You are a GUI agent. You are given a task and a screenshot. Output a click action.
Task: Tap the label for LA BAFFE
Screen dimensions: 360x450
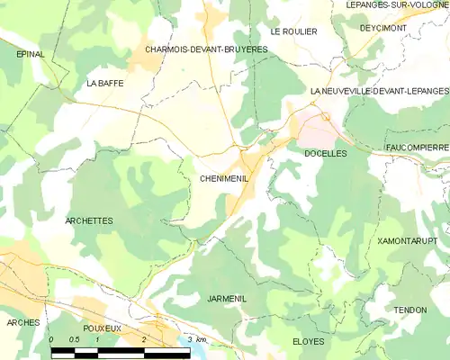[104, 83]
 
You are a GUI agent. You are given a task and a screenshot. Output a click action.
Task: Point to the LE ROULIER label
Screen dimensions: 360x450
[294, 31]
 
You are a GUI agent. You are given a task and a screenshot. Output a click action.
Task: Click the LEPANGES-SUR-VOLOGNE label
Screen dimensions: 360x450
[397, 4]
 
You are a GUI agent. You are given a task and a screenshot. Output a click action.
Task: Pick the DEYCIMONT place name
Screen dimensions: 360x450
[382, 28]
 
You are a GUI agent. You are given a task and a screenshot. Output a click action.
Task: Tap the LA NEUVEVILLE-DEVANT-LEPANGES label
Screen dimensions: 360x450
[379, 91]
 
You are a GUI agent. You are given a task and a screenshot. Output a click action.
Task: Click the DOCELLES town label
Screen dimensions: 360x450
[326, 154]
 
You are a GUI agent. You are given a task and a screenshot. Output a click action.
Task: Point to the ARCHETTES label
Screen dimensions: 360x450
[89, 220]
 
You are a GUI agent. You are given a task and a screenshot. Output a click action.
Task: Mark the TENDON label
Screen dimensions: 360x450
[409, 310]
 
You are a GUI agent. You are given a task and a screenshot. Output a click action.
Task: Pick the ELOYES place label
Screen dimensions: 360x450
[309, 342]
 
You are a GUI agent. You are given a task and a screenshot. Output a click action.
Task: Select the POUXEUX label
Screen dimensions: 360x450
[101, 328]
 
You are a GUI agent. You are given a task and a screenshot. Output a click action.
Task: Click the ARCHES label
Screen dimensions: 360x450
[22, 322]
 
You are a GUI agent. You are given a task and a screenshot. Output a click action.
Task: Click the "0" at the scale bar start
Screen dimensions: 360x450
[51, 339]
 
